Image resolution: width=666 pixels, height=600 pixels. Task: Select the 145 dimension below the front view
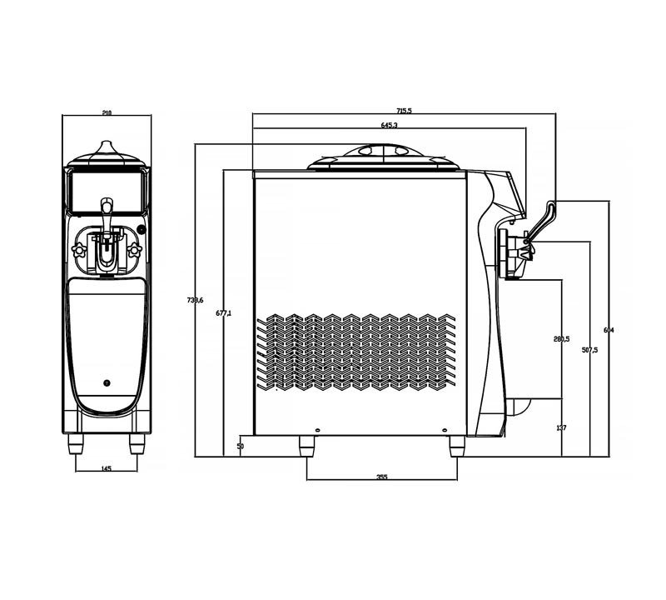(x=106, y=469)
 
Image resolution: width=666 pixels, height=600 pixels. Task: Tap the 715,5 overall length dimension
(x=405, y=110)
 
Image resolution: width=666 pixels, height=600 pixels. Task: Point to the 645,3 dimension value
(x=389, y=125)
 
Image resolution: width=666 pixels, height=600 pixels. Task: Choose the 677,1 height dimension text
(x=223, y=313)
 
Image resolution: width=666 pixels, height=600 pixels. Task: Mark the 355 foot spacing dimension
(x=382, y=477)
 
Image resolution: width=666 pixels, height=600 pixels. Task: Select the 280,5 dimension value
(x=561, y=339)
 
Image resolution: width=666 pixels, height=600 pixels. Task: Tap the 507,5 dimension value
(x=589, y=350)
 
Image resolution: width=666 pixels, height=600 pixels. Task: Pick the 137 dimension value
(x=561, y=427)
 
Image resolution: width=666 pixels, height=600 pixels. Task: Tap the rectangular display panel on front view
(x=106, y=191)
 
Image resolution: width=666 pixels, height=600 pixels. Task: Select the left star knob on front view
(x=81, y=249)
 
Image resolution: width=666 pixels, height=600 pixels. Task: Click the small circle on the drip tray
(x=106, y=382)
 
